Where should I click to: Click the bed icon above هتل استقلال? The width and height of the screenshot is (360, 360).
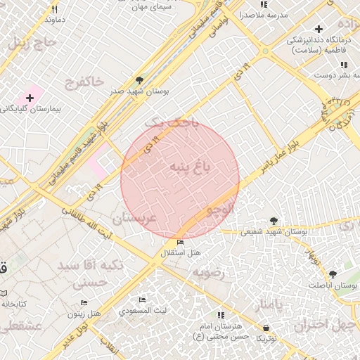[181, 243]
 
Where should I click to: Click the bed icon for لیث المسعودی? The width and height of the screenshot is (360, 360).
[143, 300]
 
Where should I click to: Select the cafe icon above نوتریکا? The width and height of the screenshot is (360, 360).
[266, 328]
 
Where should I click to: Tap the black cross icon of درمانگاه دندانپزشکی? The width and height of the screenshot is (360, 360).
[319, 30]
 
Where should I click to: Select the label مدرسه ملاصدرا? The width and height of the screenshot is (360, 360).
[261, 14]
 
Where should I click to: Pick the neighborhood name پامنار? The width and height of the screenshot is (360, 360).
[268, 304]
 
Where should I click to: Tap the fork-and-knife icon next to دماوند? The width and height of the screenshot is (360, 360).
[55, 10]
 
